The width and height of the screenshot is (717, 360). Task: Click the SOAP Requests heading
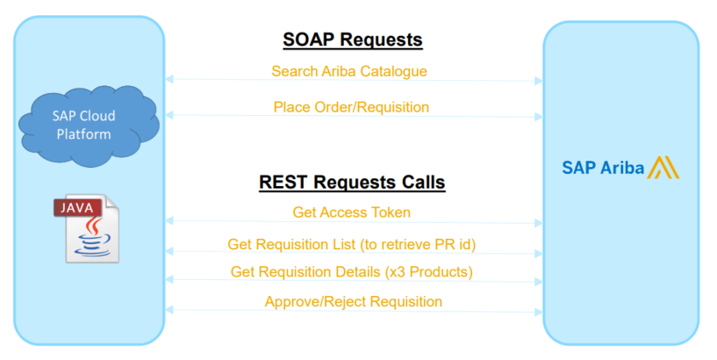[353, 40]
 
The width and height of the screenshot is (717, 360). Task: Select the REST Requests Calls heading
[352, 183]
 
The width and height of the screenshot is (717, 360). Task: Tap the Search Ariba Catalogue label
[349, 72]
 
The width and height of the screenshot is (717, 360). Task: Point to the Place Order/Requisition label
[351, 107]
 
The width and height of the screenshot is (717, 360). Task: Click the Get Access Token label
[352, 212]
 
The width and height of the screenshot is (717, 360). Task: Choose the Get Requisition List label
[352, 245]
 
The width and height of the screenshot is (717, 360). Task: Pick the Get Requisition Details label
[352, 272]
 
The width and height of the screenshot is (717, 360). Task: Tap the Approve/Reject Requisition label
[353, 301]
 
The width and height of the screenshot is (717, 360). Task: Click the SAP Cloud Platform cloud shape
[89, 125]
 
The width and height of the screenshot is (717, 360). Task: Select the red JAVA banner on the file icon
[78, 208]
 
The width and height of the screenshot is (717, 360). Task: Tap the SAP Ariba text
[603, 168]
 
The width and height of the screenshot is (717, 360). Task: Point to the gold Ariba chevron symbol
[663, 167]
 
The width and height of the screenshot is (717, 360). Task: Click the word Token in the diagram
[391, 212]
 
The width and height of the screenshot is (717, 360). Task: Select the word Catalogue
[393, 72]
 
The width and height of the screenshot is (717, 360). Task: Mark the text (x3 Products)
[428, 272]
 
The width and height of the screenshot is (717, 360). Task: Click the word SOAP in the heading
[308, 40]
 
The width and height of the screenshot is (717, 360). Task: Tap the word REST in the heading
[283, 183]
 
